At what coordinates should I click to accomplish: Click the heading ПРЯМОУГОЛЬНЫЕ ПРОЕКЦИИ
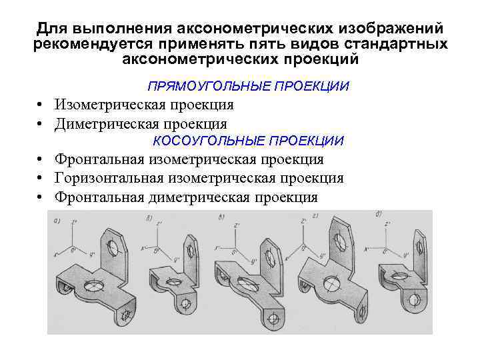(x=248, y=87)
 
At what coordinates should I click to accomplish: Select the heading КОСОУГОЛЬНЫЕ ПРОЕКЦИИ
(x=248, y=141)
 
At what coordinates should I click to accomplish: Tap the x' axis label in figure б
(x=143, y=248)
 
